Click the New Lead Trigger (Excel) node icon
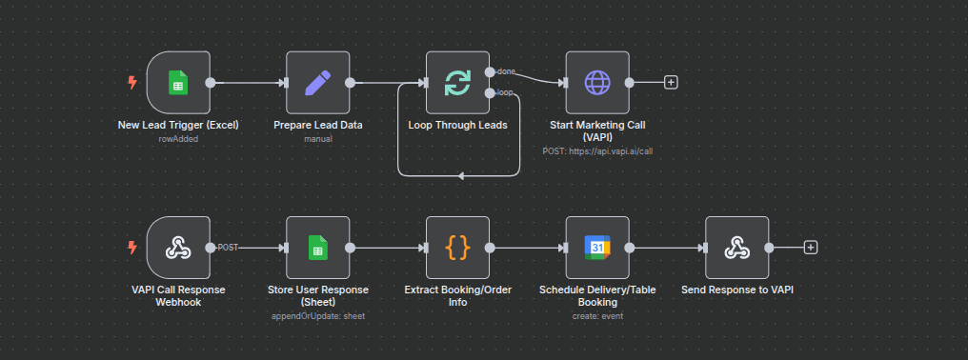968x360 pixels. (178, 83)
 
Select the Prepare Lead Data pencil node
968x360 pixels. (318, 83)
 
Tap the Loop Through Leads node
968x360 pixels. (457, 83)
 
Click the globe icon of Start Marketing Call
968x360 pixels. (597, 83)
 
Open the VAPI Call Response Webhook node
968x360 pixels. (178, 248)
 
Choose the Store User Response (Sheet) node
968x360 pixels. (318, 248)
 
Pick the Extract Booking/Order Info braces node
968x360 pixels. (457, 248)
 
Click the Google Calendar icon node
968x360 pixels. (597, 248)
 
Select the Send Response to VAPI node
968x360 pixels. (736, 248)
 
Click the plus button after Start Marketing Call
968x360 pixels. (671, 83)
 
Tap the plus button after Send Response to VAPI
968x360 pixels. (811, 248)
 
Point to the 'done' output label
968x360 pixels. (506, 71)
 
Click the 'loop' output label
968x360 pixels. (505, 93)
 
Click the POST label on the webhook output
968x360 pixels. (228, 248)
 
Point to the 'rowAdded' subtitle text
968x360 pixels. (178, 139)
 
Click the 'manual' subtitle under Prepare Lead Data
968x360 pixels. (318, 139)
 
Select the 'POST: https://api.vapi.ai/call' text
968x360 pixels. (597, 150)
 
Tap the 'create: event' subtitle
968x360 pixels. (597, 315)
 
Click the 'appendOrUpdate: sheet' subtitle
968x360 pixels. (318, 315)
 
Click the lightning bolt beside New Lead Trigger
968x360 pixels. (132, 83)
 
